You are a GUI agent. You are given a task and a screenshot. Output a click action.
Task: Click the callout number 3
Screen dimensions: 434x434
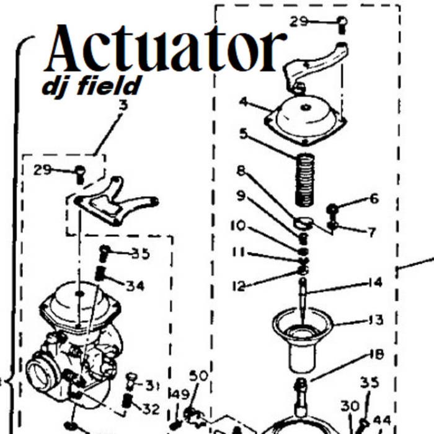pos(123,105)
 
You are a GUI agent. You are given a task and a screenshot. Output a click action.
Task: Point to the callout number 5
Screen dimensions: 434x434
pos(244,133)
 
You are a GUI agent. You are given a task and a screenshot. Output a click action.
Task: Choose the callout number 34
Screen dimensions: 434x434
pos(135,286)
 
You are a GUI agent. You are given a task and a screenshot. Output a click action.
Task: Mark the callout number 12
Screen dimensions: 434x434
pos(239,286)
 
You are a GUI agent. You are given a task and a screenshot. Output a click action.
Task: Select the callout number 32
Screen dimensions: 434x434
pos(151,409)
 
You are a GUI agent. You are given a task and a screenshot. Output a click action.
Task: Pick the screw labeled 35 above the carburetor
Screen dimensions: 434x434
pos(104,252)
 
